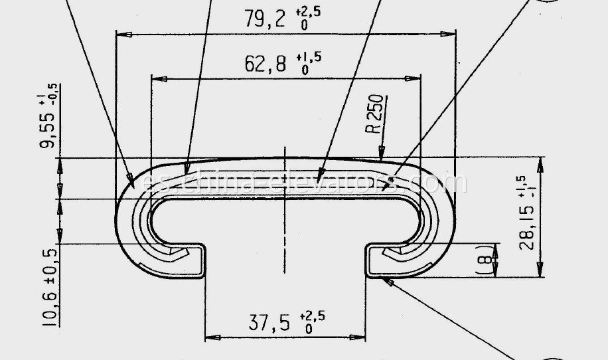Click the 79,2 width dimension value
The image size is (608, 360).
tap(264, 19)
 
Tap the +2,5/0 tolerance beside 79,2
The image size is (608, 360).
tap(307, 17)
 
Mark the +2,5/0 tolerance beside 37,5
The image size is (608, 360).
tap(312, 320)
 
